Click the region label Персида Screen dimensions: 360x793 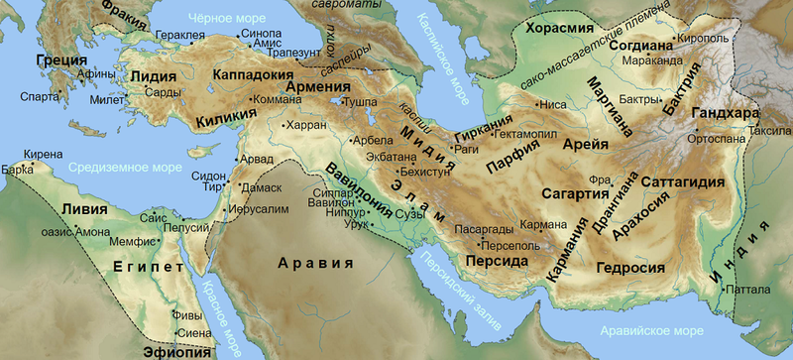(x=492, y=261)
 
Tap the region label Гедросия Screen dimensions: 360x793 (x=628, y=267)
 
